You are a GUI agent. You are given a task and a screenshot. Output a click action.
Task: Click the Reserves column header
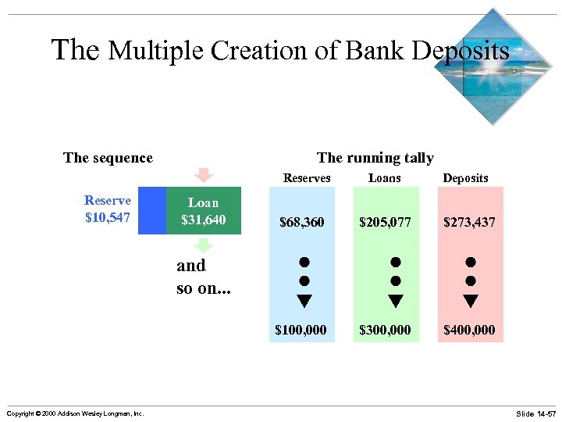307,178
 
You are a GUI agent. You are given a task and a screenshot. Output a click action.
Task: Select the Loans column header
384,178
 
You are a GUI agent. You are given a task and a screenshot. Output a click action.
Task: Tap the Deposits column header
465,178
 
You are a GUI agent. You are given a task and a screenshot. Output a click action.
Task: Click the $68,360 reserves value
301,223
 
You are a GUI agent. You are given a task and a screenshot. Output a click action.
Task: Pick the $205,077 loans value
385,223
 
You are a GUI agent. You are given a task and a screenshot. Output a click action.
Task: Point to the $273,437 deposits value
469,223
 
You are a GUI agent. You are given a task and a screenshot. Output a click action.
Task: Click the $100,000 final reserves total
301,330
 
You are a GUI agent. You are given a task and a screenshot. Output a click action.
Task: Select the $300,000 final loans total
385,330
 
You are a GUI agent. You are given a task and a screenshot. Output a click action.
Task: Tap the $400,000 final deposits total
469,330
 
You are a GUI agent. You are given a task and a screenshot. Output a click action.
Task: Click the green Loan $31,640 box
204,211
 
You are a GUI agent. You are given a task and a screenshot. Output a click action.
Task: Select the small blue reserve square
152,210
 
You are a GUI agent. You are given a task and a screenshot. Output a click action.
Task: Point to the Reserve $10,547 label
108,209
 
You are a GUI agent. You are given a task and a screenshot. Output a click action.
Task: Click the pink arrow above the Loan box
204,175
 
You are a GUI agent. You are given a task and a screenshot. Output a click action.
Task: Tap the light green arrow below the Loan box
204,245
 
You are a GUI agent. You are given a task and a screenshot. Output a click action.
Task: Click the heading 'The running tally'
375,158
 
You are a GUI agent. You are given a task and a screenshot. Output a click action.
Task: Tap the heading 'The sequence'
108,158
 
